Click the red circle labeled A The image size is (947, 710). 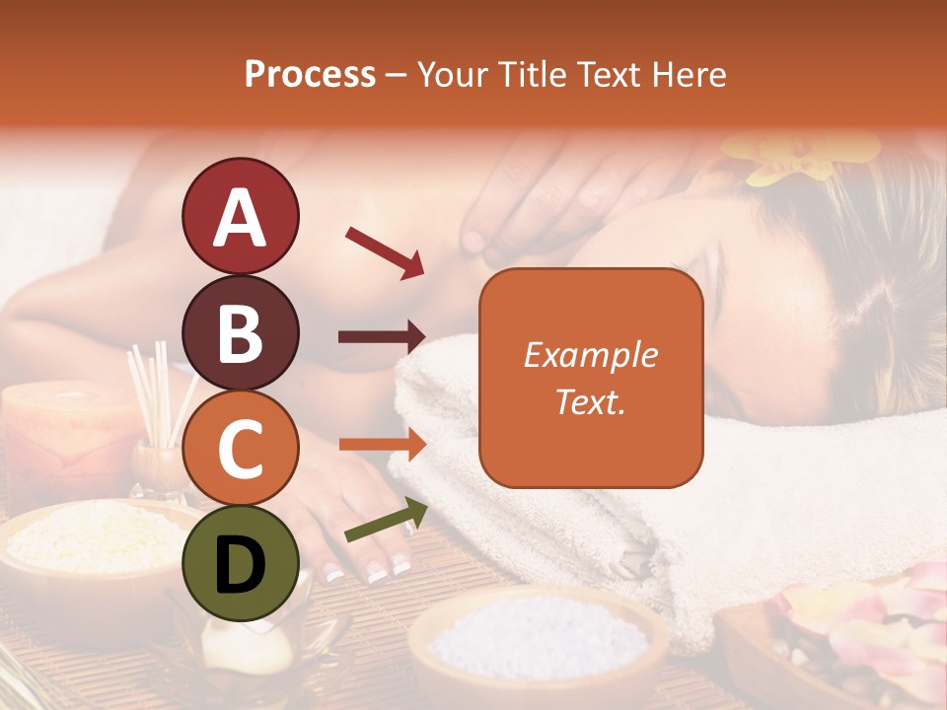click(240, 216)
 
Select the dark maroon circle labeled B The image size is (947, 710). click(240, 332)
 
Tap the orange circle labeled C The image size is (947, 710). click(240, 449)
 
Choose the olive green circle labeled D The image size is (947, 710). click(240, 565)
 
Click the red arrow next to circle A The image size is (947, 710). click(385, 252)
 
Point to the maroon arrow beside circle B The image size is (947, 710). click(382, 337)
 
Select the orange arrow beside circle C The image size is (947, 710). click(382, 445)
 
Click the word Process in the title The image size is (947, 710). click(310, 74)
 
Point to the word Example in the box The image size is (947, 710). click(591, 355)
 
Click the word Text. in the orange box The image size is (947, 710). click(591, 402)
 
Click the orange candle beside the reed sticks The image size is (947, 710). click(59, 434)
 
